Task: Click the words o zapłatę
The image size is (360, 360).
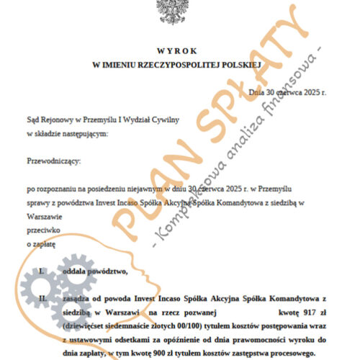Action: [x=41, y=245]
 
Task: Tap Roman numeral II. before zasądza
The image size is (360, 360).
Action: [x=42, y=297]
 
